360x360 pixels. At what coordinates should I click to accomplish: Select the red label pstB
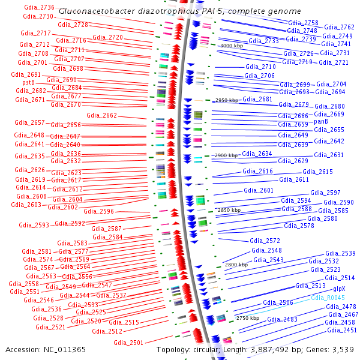click(x=28, y=82)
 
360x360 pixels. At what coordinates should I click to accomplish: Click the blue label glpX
click(x=339, y=289)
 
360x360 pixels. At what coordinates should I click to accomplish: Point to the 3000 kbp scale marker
click(x=232, y=46)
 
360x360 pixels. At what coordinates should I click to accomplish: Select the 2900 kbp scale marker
click(x=224, y=155)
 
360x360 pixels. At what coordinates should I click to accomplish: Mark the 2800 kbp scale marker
click(x=236, y=264)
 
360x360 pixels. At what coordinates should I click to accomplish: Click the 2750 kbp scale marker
click(x=249, y=317)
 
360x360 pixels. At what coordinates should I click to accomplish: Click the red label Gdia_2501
click(x=128, y=343)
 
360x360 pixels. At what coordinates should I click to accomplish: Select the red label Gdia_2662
click(x=101, y=115)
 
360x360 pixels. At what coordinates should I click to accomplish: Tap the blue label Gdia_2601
click(x=259, y=191)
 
